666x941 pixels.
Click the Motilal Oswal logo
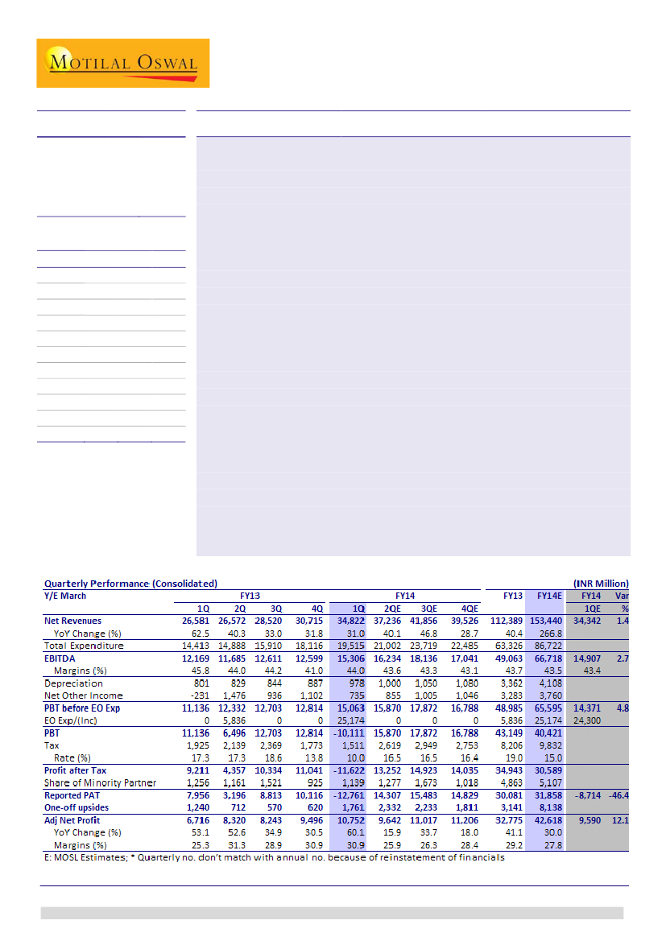(x=122, y=63)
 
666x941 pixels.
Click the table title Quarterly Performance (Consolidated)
(x=130, y=583)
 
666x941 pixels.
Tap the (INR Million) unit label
(x=601, y=583)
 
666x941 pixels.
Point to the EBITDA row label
(x=60, y=658)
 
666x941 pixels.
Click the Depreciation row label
(x=73, y=683)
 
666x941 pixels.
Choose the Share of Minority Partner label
(x=100, y=782)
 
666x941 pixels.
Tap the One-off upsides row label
(x=77, y=807)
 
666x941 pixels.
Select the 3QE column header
(x=428, y=609)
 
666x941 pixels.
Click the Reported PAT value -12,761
(x=350, y=795)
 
